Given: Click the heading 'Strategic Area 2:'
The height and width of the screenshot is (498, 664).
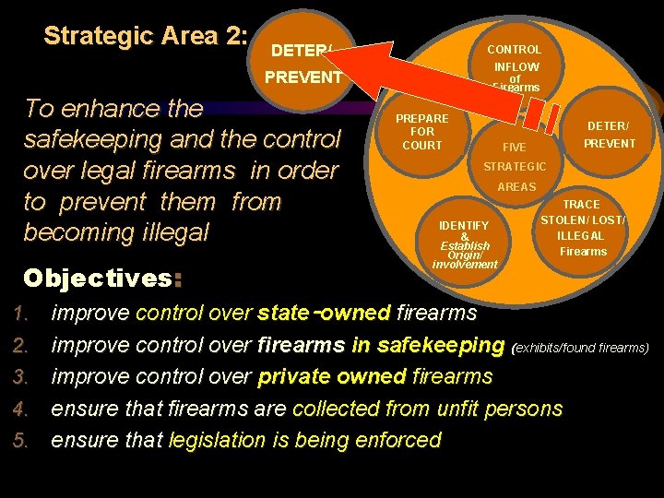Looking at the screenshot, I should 146,36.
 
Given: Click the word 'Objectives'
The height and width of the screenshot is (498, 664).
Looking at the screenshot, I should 96,278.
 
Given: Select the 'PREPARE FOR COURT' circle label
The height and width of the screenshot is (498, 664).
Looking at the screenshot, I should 422,132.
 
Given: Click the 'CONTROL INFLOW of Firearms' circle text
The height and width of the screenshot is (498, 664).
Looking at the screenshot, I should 515,67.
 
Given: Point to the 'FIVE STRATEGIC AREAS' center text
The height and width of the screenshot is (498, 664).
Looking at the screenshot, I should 516,166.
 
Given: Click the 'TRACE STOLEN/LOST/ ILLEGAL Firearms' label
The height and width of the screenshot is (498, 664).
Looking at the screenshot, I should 583,228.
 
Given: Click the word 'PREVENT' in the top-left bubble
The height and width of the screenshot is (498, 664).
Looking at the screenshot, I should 303,77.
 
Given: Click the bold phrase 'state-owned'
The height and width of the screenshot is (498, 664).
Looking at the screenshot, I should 325,313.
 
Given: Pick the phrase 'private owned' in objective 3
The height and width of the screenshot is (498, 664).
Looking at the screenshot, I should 332,376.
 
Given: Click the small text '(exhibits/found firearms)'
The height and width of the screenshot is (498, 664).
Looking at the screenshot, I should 580,348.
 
